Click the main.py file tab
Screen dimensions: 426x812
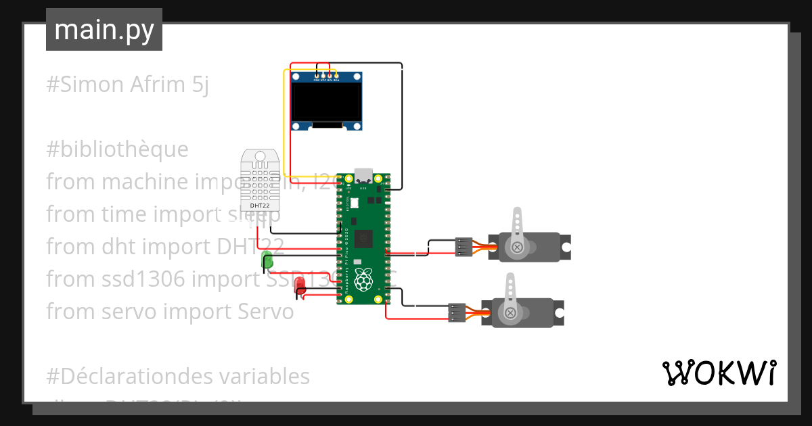pos(104,30)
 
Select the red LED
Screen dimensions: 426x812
pos(300,285)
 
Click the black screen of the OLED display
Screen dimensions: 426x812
pos(326,101)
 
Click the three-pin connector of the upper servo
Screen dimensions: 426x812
pos(464,247)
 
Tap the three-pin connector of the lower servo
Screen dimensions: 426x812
pos(457,312)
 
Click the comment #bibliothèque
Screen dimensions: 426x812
pos(117,149)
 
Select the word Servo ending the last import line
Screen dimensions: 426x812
pos(266,312)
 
